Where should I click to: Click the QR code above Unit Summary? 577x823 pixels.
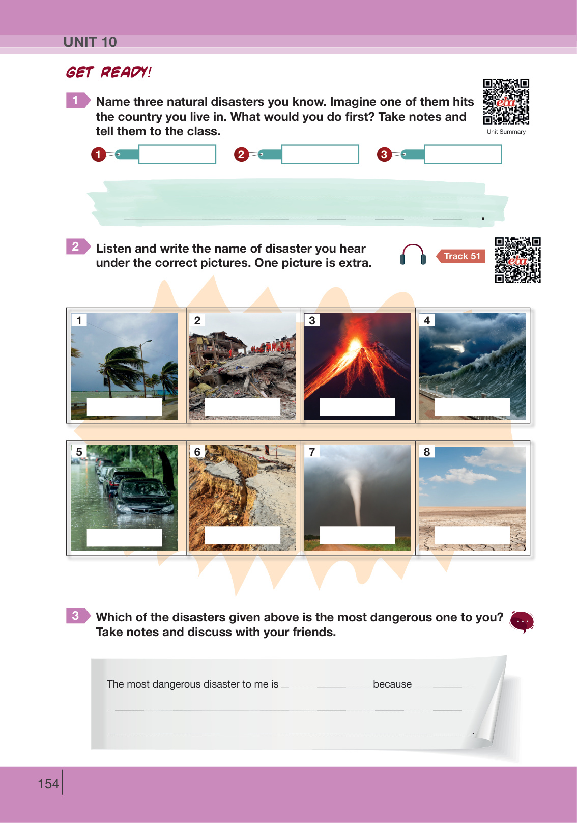[506, 102]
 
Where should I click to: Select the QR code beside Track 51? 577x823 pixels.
[517, 260]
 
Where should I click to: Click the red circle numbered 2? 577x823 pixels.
[241, 154]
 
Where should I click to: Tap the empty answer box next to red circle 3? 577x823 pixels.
[463, 154]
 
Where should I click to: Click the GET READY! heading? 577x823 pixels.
[109, 72]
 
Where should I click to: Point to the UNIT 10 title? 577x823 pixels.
[90, 42]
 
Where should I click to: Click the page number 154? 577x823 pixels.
[48, 784]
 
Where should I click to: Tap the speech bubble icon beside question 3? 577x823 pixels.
[522, 622]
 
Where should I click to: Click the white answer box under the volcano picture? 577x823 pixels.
[357, 406]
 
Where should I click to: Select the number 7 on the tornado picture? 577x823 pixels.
[312, 452]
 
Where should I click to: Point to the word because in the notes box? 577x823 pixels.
[392, 684]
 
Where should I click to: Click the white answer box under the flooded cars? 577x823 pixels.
[125, 537]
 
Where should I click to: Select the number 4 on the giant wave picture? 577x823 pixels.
[427, 320]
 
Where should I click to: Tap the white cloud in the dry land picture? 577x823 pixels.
[463, 476]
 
